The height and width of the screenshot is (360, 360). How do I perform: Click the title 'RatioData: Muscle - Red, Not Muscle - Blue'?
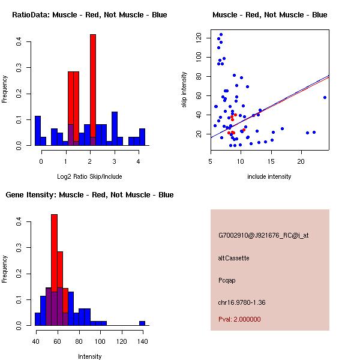89,15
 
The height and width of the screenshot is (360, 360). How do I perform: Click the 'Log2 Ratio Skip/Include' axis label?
89,176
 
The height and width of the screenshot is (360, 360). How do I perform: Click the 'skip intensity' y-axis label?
184,90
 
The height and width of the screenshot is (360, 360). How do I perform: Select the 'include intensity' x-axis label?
269,176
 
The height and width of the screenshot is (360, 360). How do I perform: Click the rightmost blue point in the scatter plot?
325,97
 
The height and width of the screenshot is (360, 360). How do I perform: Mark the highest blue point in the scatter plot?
221,34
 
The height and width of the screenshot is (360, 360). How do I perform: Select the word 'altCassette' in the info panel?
234,258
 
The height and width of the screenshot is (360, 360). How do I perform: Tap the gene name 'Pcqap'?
228,280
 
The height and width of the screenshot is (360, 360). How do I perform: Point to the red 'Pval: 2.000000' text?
239,319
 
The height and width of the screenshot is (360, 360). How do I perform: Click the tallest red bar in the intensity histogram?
54,270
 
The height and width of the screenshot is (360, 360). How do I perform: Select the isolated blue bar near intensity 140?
142,323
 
